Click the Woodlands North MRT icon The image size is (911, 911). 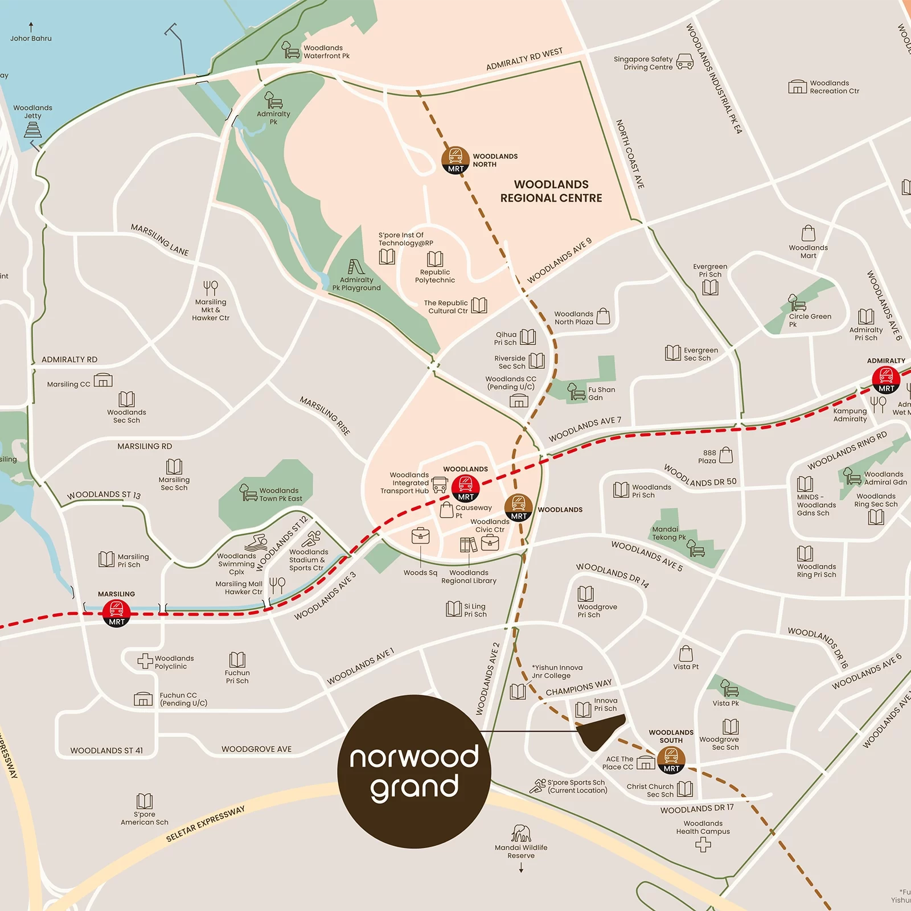[455, 160]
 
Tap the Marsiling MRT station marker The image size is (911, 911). [117, 613]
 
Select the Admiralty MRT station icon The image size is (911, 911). [886, 379]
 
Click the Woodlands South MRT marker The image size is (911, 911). [671, 760]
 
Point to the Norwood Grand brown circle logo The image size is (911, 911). [414, 772]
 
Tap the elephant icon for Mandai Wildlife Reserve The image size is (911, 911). [520, 834]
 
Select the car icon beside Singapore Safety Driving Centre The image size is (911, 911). [684, 61]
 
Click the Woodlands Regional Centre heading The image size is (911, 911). [551, 191]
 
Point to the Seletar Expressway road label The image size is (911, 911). [205, 824]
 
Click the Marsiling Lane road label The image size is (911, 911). [159, 239]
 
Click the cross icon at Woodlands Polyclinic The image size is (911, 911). [145, 661]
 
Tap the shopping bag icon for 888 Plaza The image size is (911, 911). [726, 455]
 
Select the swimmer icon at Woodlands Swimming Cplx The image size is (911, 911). [256, 541]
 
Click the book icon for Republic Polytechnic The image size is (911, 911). [435, 259]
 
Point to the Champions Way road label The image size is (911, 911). [578, 687]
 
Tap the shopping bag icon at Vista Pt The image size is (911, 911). [686, 653]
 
